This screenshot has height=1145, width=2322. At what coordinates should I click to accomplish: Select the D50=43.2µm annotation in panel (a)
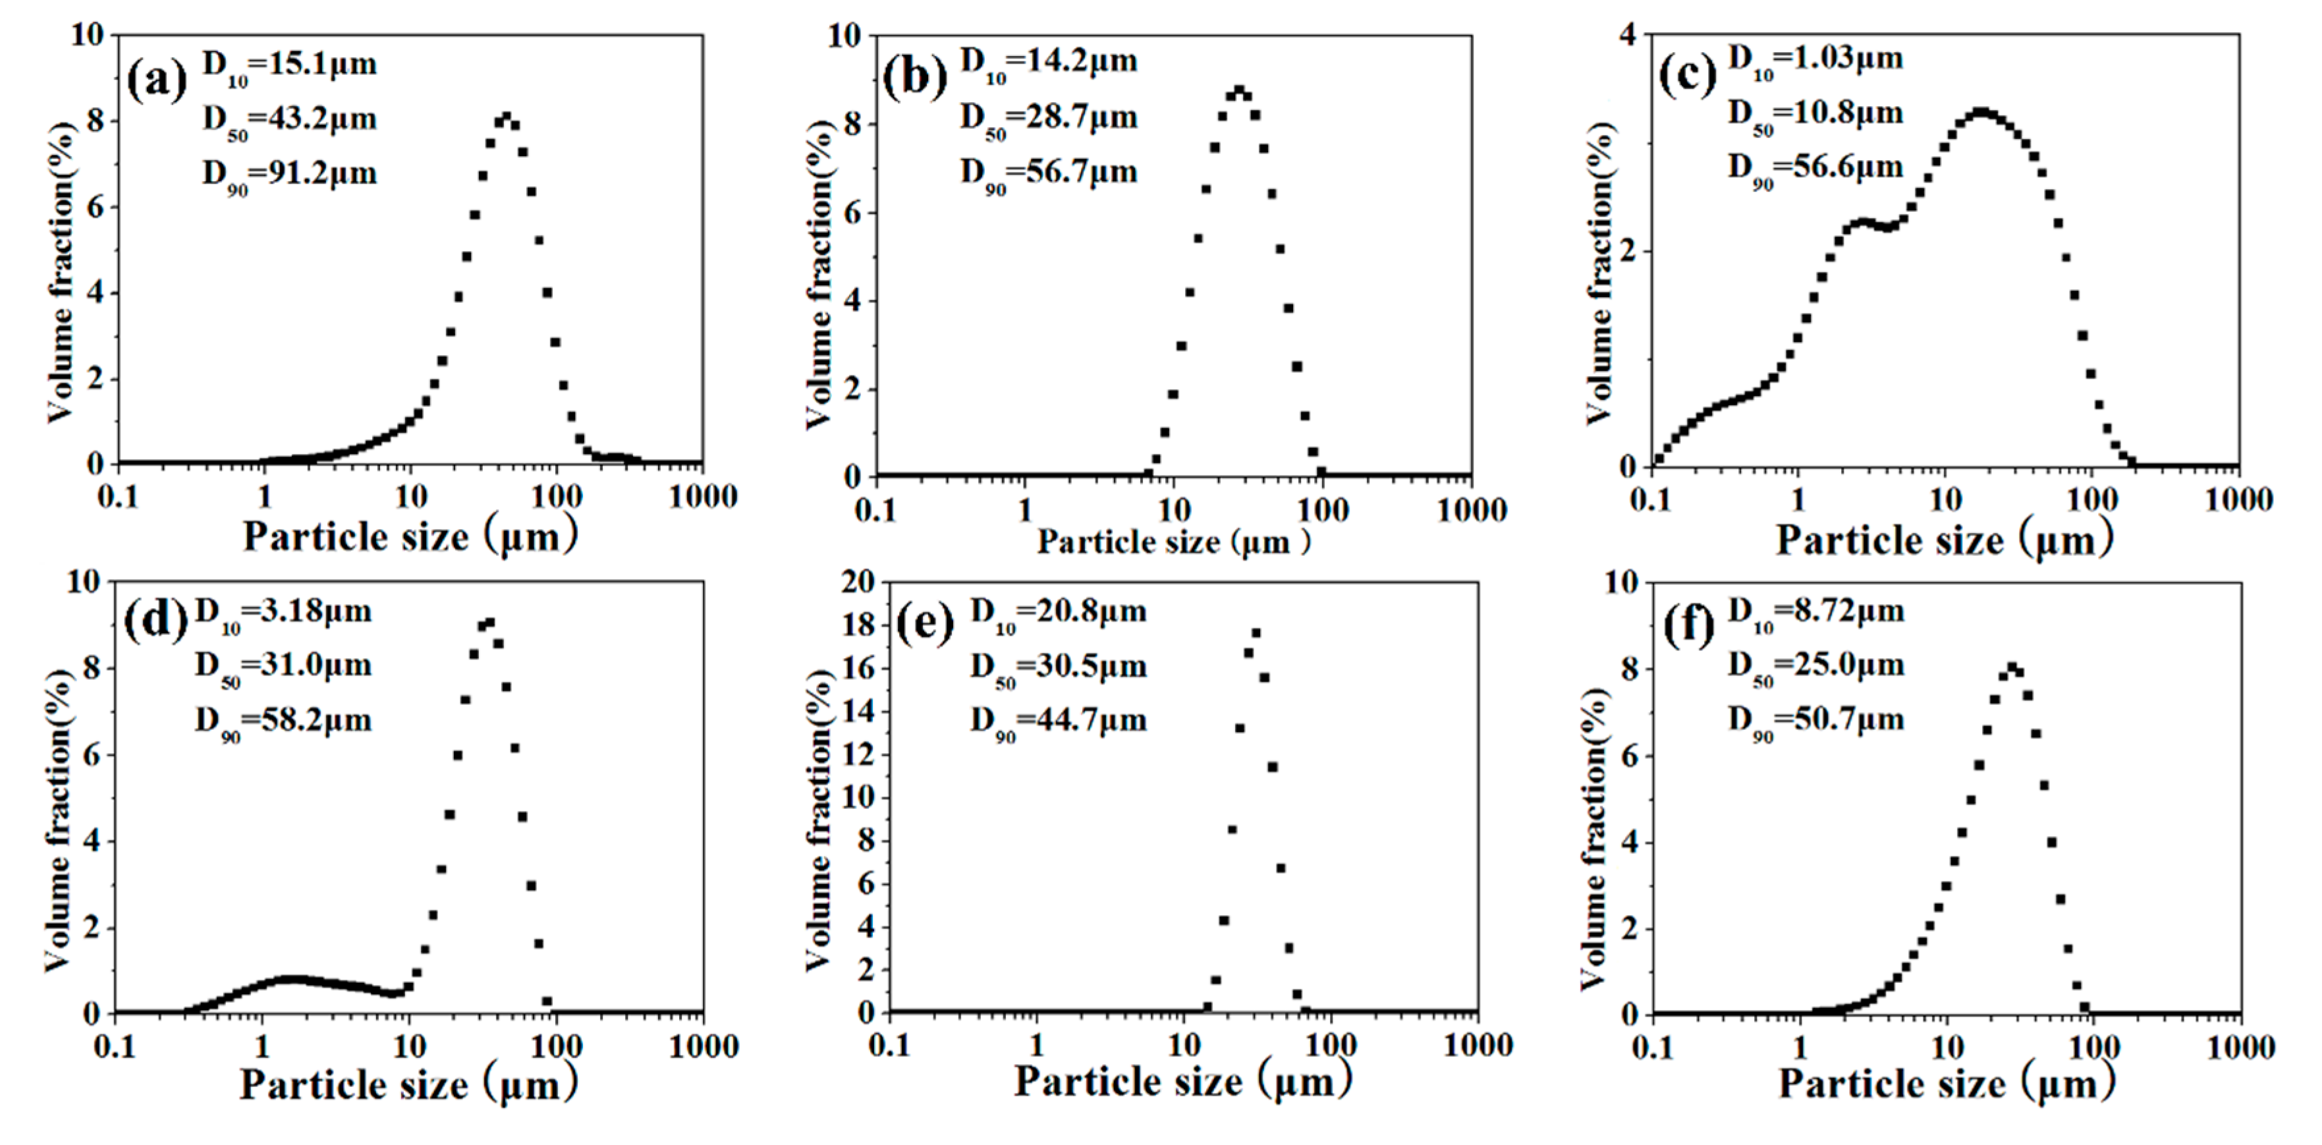(289, 120)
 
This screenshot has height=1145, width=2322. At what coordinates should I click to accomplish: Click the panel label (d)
(155, 621)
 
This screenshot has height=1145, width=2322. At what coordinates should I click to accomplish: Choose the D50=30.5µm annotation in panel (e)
(1059, 668)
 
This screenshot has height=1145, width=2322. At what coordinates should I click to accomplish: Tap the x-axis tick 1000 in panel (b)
(1470, 511)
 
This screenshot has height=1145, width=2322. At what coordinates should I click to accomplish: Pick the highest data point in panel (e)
(1256, 633)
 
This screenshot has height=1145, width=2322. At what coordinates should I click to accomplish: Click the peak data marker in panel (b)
(1240, 90)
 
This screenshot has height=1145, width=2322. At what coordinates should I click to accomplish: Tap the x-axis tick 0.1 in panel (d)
(115, 1047)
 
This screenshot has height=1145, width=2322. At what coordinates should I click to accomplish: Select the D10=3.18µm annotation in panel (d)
(282, 612)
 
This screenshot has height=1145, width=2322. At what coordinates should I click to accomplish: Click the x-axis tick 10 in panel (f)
(1945, 1047)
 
